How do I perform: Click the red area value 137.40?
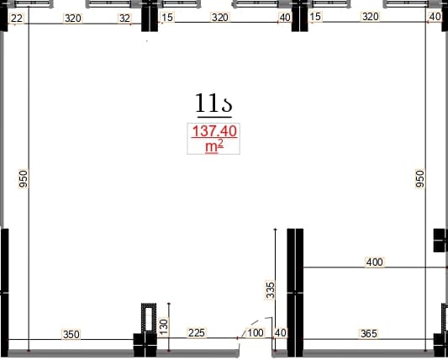tap(214, 131)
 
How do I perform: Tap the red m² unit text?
tap(214, 147)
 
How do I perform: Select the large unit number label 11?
tap(213, 103)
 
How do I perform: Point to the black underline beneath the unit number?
tap(214, 117)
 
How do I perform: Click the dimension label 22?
tap(17, 19)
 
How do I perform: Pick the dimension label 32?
tap(124, 19)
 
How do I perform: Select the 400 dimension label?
tap(375, 262)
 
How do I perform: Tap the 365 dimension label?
tap(369, 334)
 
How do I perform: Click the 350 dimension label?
tap(71, 334)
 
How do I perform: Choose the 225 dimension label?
tap(197, 333)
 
